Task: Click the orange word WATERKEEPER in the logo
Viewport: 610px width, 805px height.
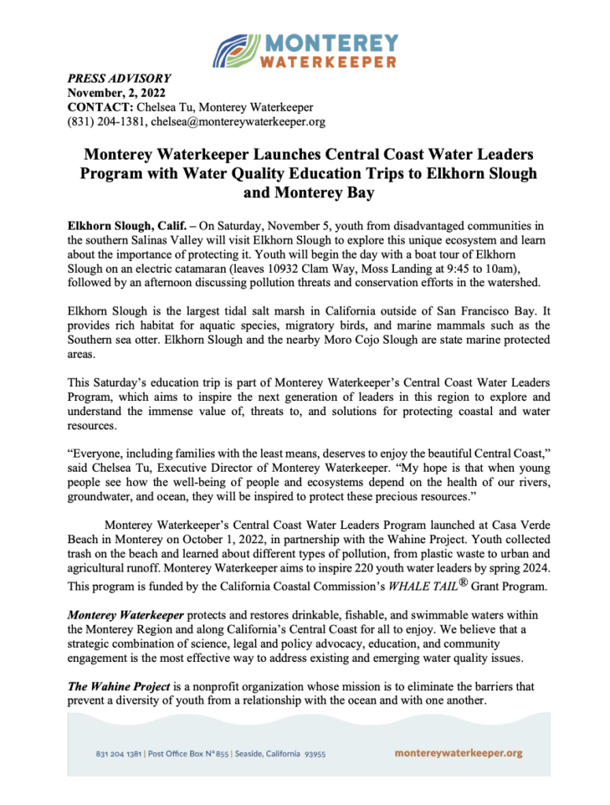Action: click(x=329, y=61)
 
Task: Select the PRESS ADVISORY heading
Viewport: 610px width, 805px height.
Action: click(x=119, y=79)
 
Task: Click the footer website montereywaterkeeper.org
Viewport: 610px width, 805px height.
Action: click(x=458, y=753)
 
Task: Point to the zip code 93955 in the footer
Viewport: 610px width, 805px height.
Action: click(x=314, y=754)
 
